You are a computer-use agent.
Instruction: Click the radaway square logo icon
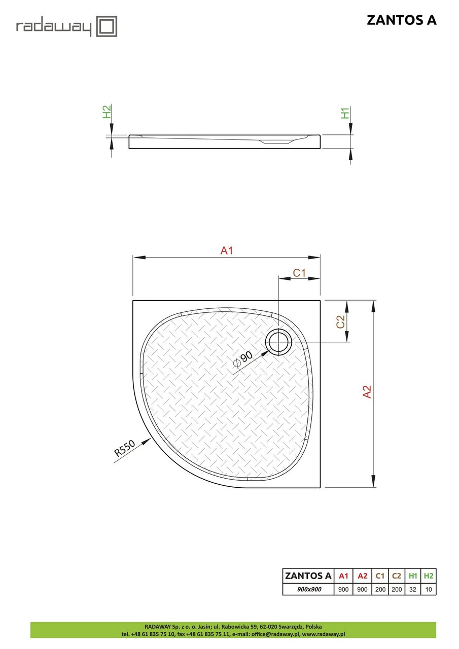(x=107, y=26)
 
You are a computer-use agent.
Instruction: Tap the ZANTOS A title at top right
(x=401, y=20)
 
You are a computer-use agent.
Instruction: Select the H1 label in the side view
(x=345, y=113)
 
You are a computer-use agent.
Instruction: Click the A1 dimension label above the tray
(x=227, y=250)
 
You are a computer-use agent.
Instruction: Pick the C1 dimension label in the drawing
(x=299, y=273)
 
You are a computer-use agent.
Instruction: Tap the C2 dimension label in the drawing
(x=341, y=321)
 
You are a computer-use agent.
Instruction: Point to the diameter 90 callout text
(x=243, y=358)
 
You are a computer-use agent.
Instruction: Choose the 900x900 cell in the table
(x=308, y=589)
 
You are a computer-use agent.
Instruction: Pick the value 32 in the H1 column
(x=413, y=589)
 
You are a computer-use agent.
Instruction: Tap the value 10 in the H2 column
(x=429, y=589)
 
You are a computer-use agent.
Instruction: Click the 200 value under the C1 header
(x=380, y=589)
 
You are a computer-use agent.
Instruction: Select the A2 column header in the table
(x=362, y=575)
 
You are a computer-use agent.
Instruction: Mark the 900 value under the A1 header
(x=343, y=589)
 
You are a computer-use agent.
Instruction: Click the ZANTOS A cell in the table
(x=308, y=575)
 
